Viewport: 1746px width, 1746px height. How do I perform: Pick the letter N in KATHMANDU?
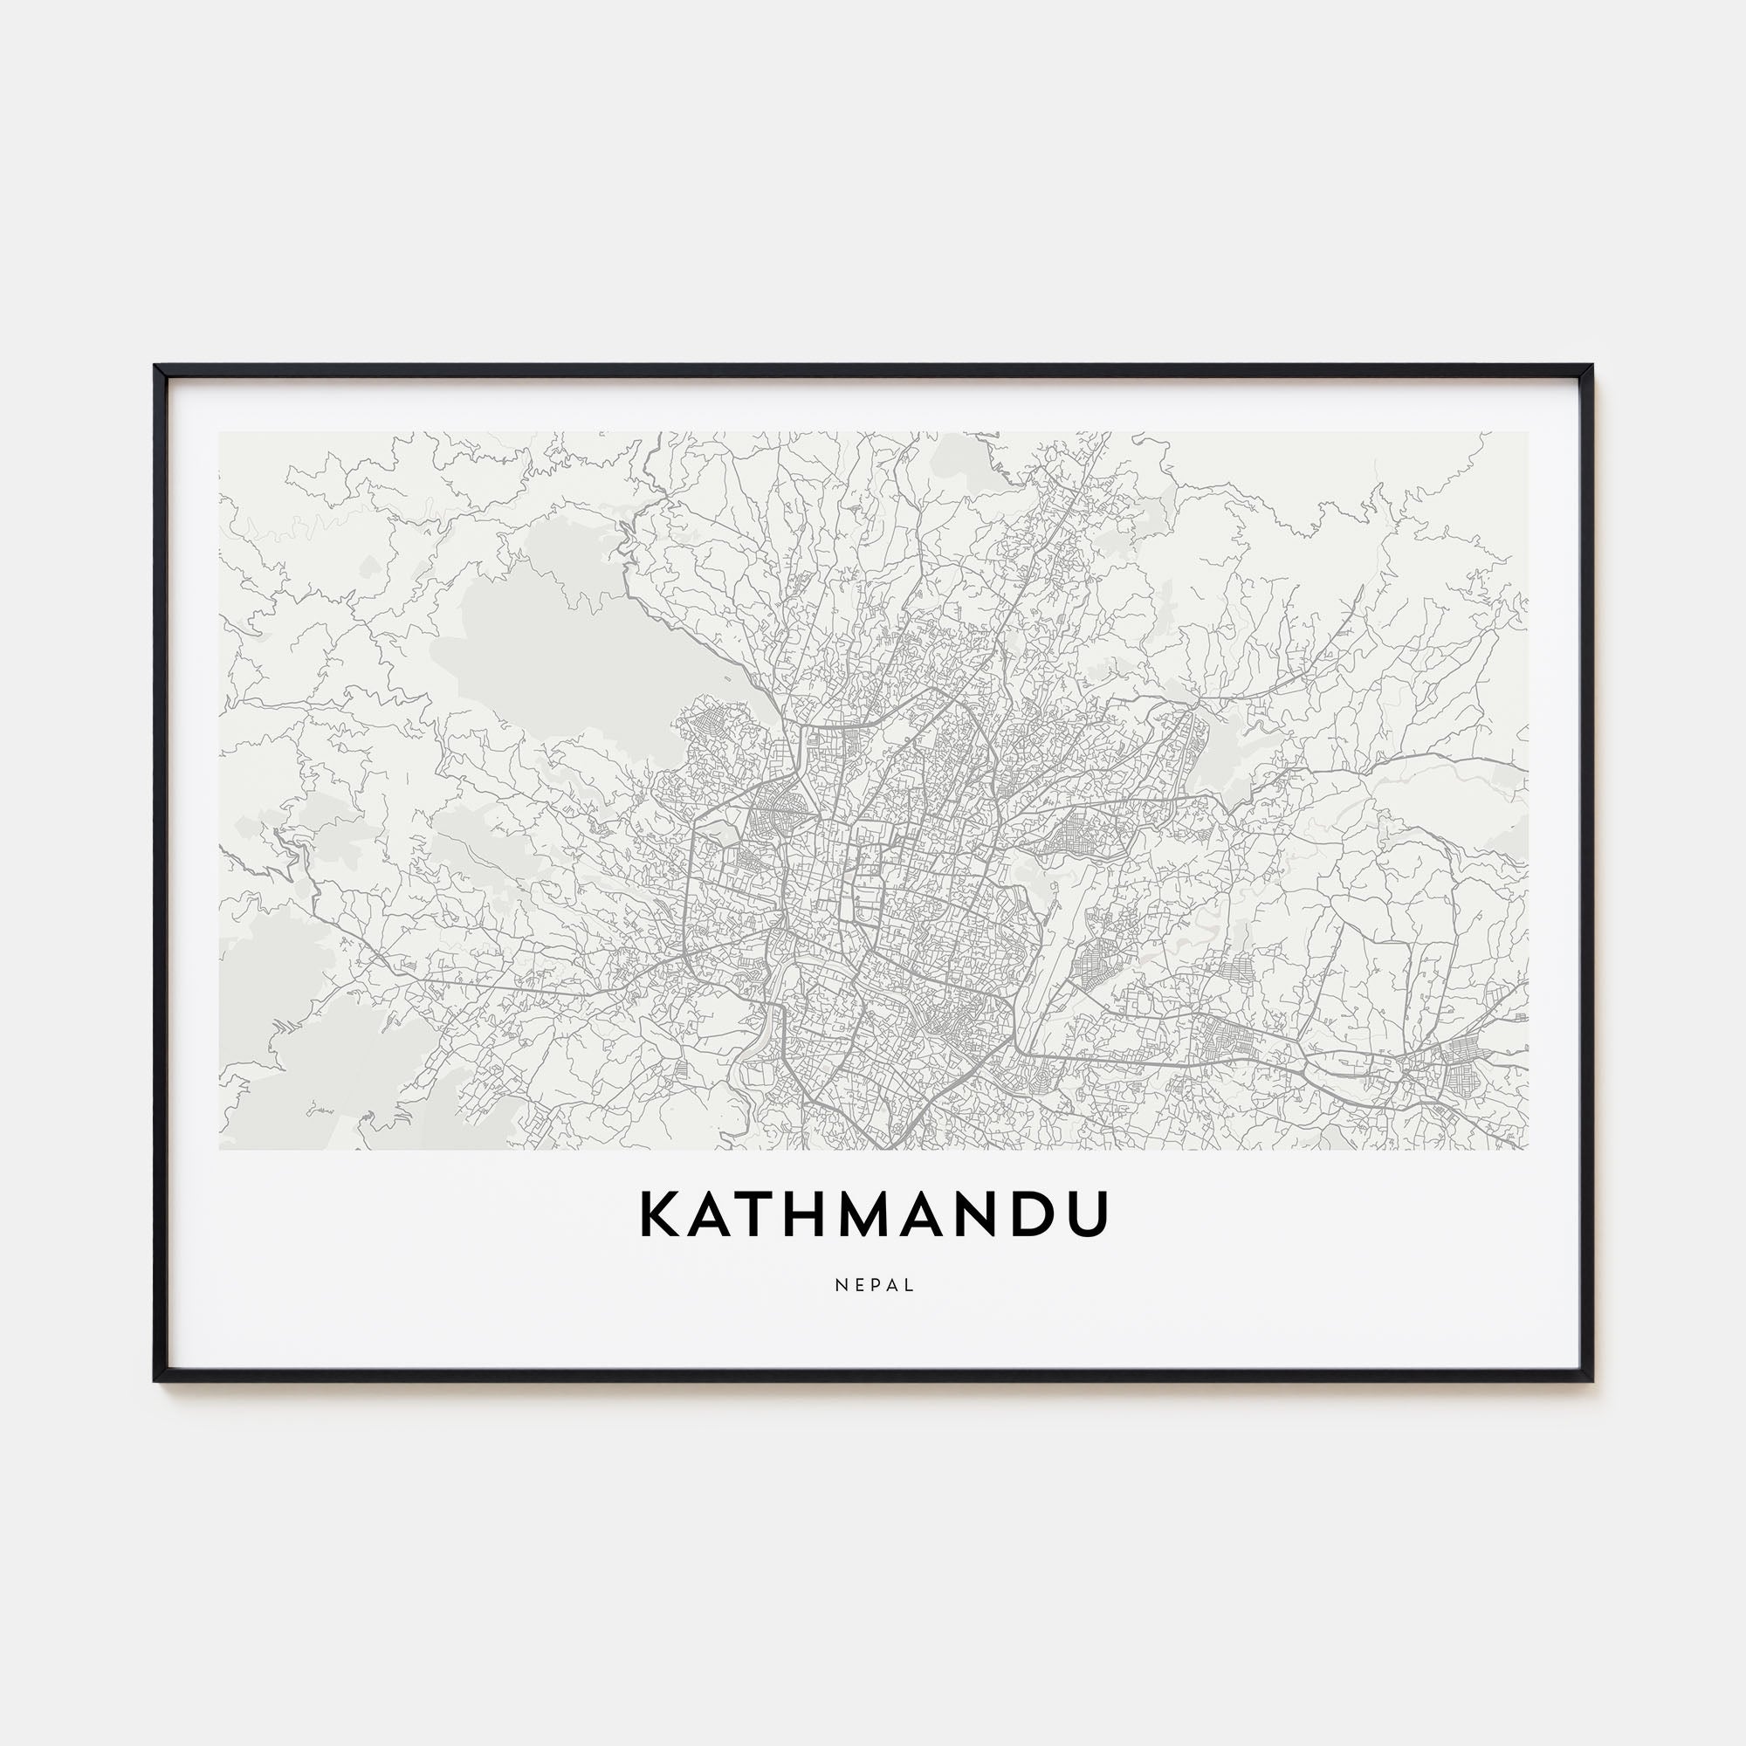coord(990,1214)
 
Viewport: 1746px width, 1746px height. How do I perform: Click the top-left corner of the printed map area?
coord(220,432)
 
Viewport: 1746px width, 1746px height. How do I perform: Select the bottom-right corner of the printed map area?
coord(1527,1149)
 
